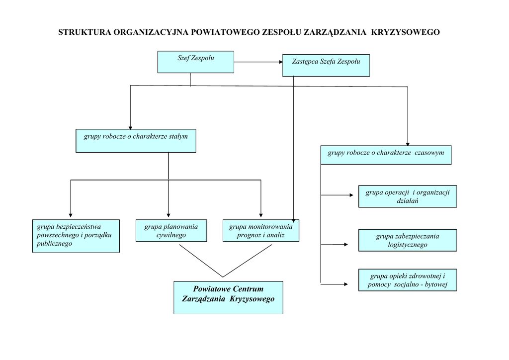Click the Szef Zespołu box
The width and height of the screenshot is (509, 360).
click(x=196, y=62)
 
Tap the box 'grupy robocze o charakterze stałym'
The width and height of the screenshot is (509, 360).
click(x=136, y=141)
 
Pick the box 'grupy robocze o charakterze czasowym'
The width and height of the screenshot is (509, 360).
click(x=386, y=155)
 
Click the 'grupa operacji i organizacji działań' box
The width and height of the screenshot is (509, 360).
click(x=407, y=196)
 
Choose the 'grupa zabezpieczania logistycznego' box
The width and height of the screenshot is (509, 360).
click(x=407, y=240)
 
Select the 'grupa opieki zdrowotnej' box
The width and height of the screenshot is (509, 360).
click(x=407, y=280)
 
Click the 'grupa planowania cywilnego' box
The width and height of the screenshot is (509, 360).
click(x=171, y=231)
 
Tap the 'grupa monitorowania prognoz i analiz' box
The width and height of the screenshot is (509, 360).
click(x=260, y=231)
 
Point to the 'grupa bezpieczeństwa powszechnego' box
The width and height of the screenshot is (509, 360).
click(x=76, y=236)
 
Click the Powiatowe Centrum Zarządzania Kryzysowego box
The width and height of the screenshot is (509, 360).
click(x=228, y=297)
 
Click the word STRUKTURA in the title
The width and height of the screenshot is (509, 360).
click(x=85, y=33)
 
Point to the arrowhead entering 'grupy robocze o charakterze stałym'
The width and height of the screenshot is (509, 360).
click(x=130, y=127)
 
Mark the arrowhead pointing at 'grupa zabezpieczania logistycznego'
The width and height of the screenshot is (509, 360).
click(x=345, y=244)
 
